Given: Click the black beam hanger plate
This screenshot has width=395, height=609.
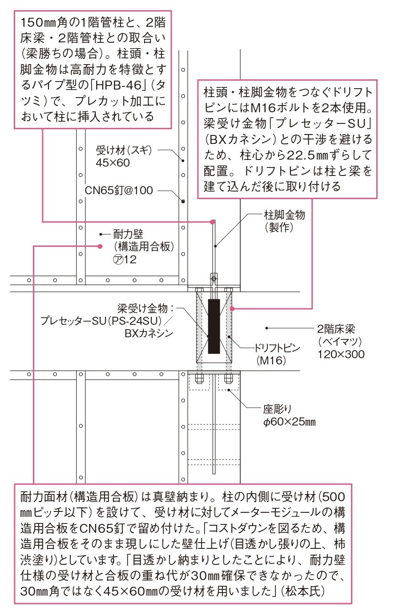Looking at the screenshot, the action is (x=214, y=326).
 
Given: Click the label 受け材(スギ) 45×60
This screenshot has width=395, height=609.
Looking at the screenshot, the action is (x=124, y=156).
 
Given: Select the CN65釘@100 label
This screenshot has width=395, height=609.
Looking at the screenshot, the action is (x=119, y=190).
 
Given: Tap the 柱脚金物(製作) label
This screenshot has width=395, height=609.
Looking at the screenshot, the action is (x=285, y=221).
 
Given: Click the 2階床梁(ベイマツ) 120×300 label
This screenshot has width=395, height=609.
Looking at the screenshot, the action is (x=341, y=342).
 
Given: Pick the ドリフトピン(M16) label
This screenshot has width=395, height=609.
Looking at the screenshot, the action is (x=277, y=354).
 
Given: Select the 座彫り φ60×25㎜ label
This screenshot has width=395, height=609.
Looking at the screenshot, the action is (x=289, y=415).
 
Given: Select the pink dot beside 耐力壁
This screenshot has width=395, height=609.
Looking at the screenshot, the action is (x=100, y=246).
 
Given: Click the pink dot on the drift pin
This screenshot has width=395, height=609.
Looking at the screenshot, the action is (x=232, y=309).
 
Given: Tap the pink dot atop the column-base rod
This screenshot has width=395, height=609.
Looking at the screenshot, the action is (x=212, y=222).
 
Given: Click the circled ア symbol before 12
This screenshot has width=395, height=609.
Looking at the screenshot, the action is (x=117, y=260).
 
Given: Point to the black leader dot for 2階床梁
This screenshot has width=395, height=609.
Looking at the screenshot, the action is (x=266, y=328).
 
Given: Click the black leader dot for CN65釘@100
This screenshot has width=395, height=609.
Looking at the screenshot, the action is (x=183, y=201).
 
